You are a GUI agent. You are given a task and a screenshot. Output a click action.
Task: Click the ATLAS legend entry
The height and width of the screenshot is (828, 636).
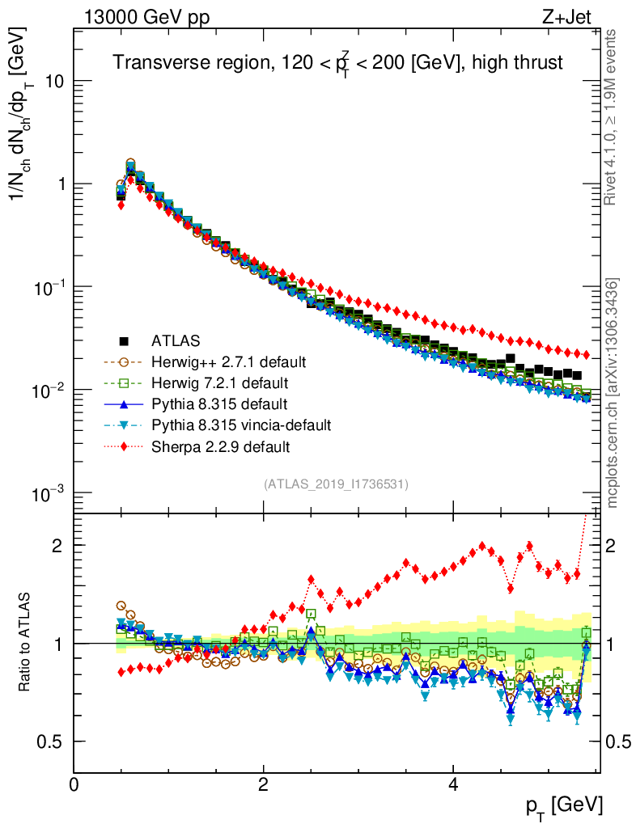pos(176,340)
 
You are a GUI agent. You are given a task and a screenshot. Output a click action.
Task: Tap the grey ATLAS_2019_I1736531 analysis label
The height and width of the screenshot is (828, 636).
pos(336,484)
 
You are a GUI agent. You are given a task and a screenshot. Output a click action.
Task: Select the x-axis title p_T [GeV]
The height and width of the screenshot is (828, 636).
pos(565,805)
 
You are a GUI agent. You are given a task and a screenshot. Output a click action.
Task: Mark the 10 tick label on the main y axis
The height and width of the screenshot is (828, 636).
pos(54,82)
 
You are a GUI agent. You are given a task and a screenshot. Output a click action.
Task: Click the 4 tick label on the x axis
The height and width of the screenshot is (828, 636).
pos(454,785)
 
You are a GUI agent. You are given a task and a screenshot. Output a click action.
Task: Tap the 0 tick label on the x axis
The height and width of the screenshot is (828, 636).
pos(74,785)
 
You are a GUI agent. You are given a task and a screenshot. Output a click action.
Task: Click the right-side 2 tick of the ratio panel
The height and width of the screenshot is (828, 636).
pos(613,545)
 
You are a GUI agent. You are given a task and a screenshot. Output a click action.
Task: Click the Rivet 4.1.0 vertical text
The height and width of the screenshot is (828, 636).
pos(613,116)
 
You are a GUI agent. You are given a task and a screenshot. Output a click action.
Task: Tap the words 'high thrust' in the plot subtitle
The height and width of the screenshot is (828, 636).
pos(523,63)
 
